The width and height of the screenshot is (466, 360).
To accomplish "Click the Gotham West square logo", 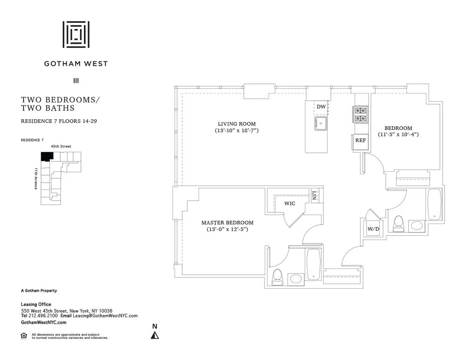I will pyautogui.click(x=76, y=34).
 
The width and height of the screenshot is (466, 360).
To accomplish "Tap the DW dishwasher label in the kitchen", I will pyautogui.click(x=321, y=107).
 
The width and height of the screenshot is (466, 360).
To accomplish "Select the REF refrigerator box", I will pyautogui.click(x=360, y=140).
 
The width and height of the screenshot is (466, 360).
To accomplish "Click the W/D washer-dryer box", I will pyautogui.click(x=373, y=229).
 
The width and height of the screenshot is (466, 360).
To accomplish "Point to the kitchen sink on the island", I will pyautogui.click(x=321, y=123).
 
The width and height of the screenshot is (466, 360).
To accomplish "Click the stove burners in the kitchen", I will pyautogui.click(x=361, y=115).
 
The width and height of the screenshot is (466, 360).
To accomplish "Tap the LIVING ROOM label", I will pyautogui.click(x=237, y=124).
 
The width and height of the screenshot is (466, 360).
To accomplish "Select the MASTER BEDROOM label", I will pyautogui.click(x=227, y=223).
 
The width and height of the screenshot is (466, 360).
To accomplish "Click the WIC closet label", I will pyautogui.click(x=290, y=203).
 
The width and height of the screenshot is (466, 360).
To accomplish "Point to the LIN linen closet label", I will pyautogui.click(x=315, y=195).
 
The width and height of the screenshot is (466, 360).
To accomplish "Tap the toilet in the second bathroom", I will pyautogui.click(x=398, y=224).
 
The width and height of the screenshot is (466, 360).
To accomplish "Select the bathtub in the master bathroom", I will pyautogui.click(x=313, y=265).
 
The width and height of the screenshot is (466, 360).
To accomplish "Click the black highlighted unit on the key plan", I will pyautogui.click(x=46, y=156).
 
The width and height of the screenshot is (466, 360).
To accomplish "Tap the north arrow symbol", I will pyautogui.click(x=155, y=334).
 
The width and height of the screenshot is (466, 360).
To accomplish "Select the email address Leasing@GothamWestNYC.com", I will pyautogui.click(x=107, y=316).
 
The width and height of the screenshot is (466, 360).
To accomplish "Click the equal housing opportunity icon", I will pyautogui.click(x=24, y=335).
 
